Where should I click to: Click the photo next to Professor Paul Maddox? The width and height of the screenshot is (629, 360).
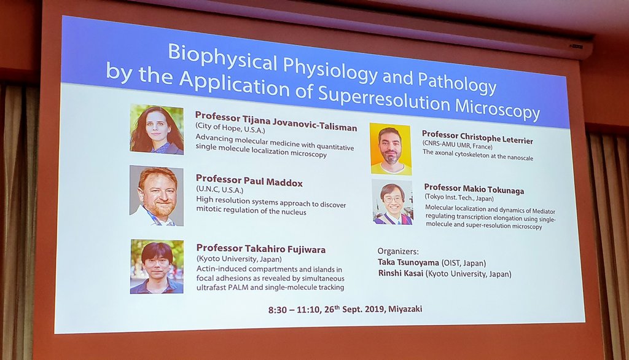(157, 195)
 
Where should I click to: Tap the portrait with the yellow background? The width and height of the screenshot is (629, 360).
(391, 149)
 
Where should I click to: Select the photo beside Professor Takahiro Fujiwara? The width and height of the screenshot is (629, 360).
(157, 267)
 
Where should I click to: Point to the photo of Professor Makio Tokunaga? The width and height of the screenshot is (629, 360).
(393, 202)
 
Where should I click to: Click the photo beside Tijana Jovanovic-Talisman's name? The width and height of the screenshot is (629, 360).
(157, 129)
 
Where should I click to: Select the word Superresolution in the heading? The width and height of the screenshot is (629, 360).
(384, 98)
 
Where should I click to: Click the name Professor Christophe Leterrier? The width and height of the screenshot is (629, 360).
(477, 137)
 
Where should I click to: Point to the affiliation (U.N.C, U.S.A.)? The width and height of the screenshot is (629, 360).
(219, 189)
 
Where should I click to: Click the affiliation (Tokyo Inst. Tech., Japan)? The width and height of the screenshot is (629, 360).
(459, 197)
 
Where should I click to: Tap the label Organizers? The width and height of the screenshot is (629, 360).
(398, 251)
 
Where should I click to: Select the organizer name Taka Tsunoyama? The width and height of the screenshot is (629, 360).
(408, 262)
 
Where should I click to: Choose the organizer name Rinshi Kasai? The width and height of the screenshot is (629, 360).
(400, 273)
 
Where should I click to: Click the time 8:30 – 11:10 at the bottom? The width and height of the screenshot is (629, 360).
(295, 310)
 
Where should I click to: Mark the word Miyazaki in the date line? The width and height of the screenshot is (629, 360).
(405, 309)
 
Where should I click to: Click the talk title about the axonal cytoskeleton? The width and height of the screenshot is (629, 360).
(478, 155)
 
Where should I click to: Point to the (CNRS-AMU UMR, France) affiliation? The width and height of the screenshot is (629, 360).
(457, 145)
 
